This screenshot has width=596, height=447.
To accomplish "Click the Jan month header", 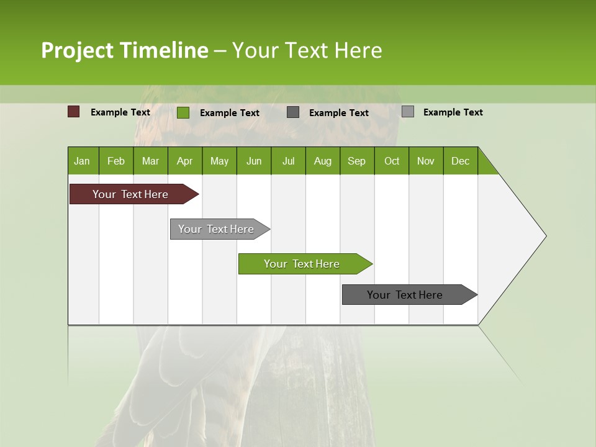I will pyautogui.click(x=82, y=161).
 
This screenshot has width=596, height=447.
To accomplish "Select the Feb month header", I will pyautogui.click(x=116, y=161).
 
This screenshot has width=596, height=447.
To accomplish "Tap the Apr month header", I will pyautogui.click(x=184, y=161).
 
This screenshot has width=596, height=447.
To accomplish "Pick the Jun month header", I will pyautogui.click(x=254, y=161).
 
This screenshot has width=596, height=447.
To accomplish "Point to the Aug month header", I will pyautogui.click(x=322, y=161).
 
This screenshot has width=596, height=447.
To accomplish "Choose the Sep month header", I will pyautogui.click(x=356, y=161).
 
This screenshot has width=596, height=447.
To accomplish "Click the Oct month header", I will pyautogui.click(x=392, y=161).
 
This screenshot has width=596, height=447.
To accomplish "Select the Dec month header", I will pyautogui.click(x=460, y=161).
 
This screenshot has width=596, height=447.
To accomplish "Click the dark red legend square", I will pyautogui.click(x=73, y=112).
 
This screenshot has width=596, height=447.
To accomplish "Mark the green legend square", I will pyautogui.click(x=183, y=112).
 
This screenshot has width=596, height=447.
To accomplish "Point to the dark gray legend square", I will pyautogui.click(x=293, y=112).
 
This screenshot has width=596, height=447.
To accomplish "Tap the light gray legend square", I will pyautogui.click(x=407, y=112).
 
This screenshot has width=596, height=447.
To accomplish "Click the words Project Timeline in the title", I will pyautogui.click(x=124, y=50).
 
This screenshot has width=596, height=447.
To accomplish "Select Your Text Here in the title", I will pyautogui.click(x=307, y=50).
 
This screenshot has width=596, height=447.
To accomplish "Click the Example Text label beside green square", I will pyautogui.click(x=229, y=113).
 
